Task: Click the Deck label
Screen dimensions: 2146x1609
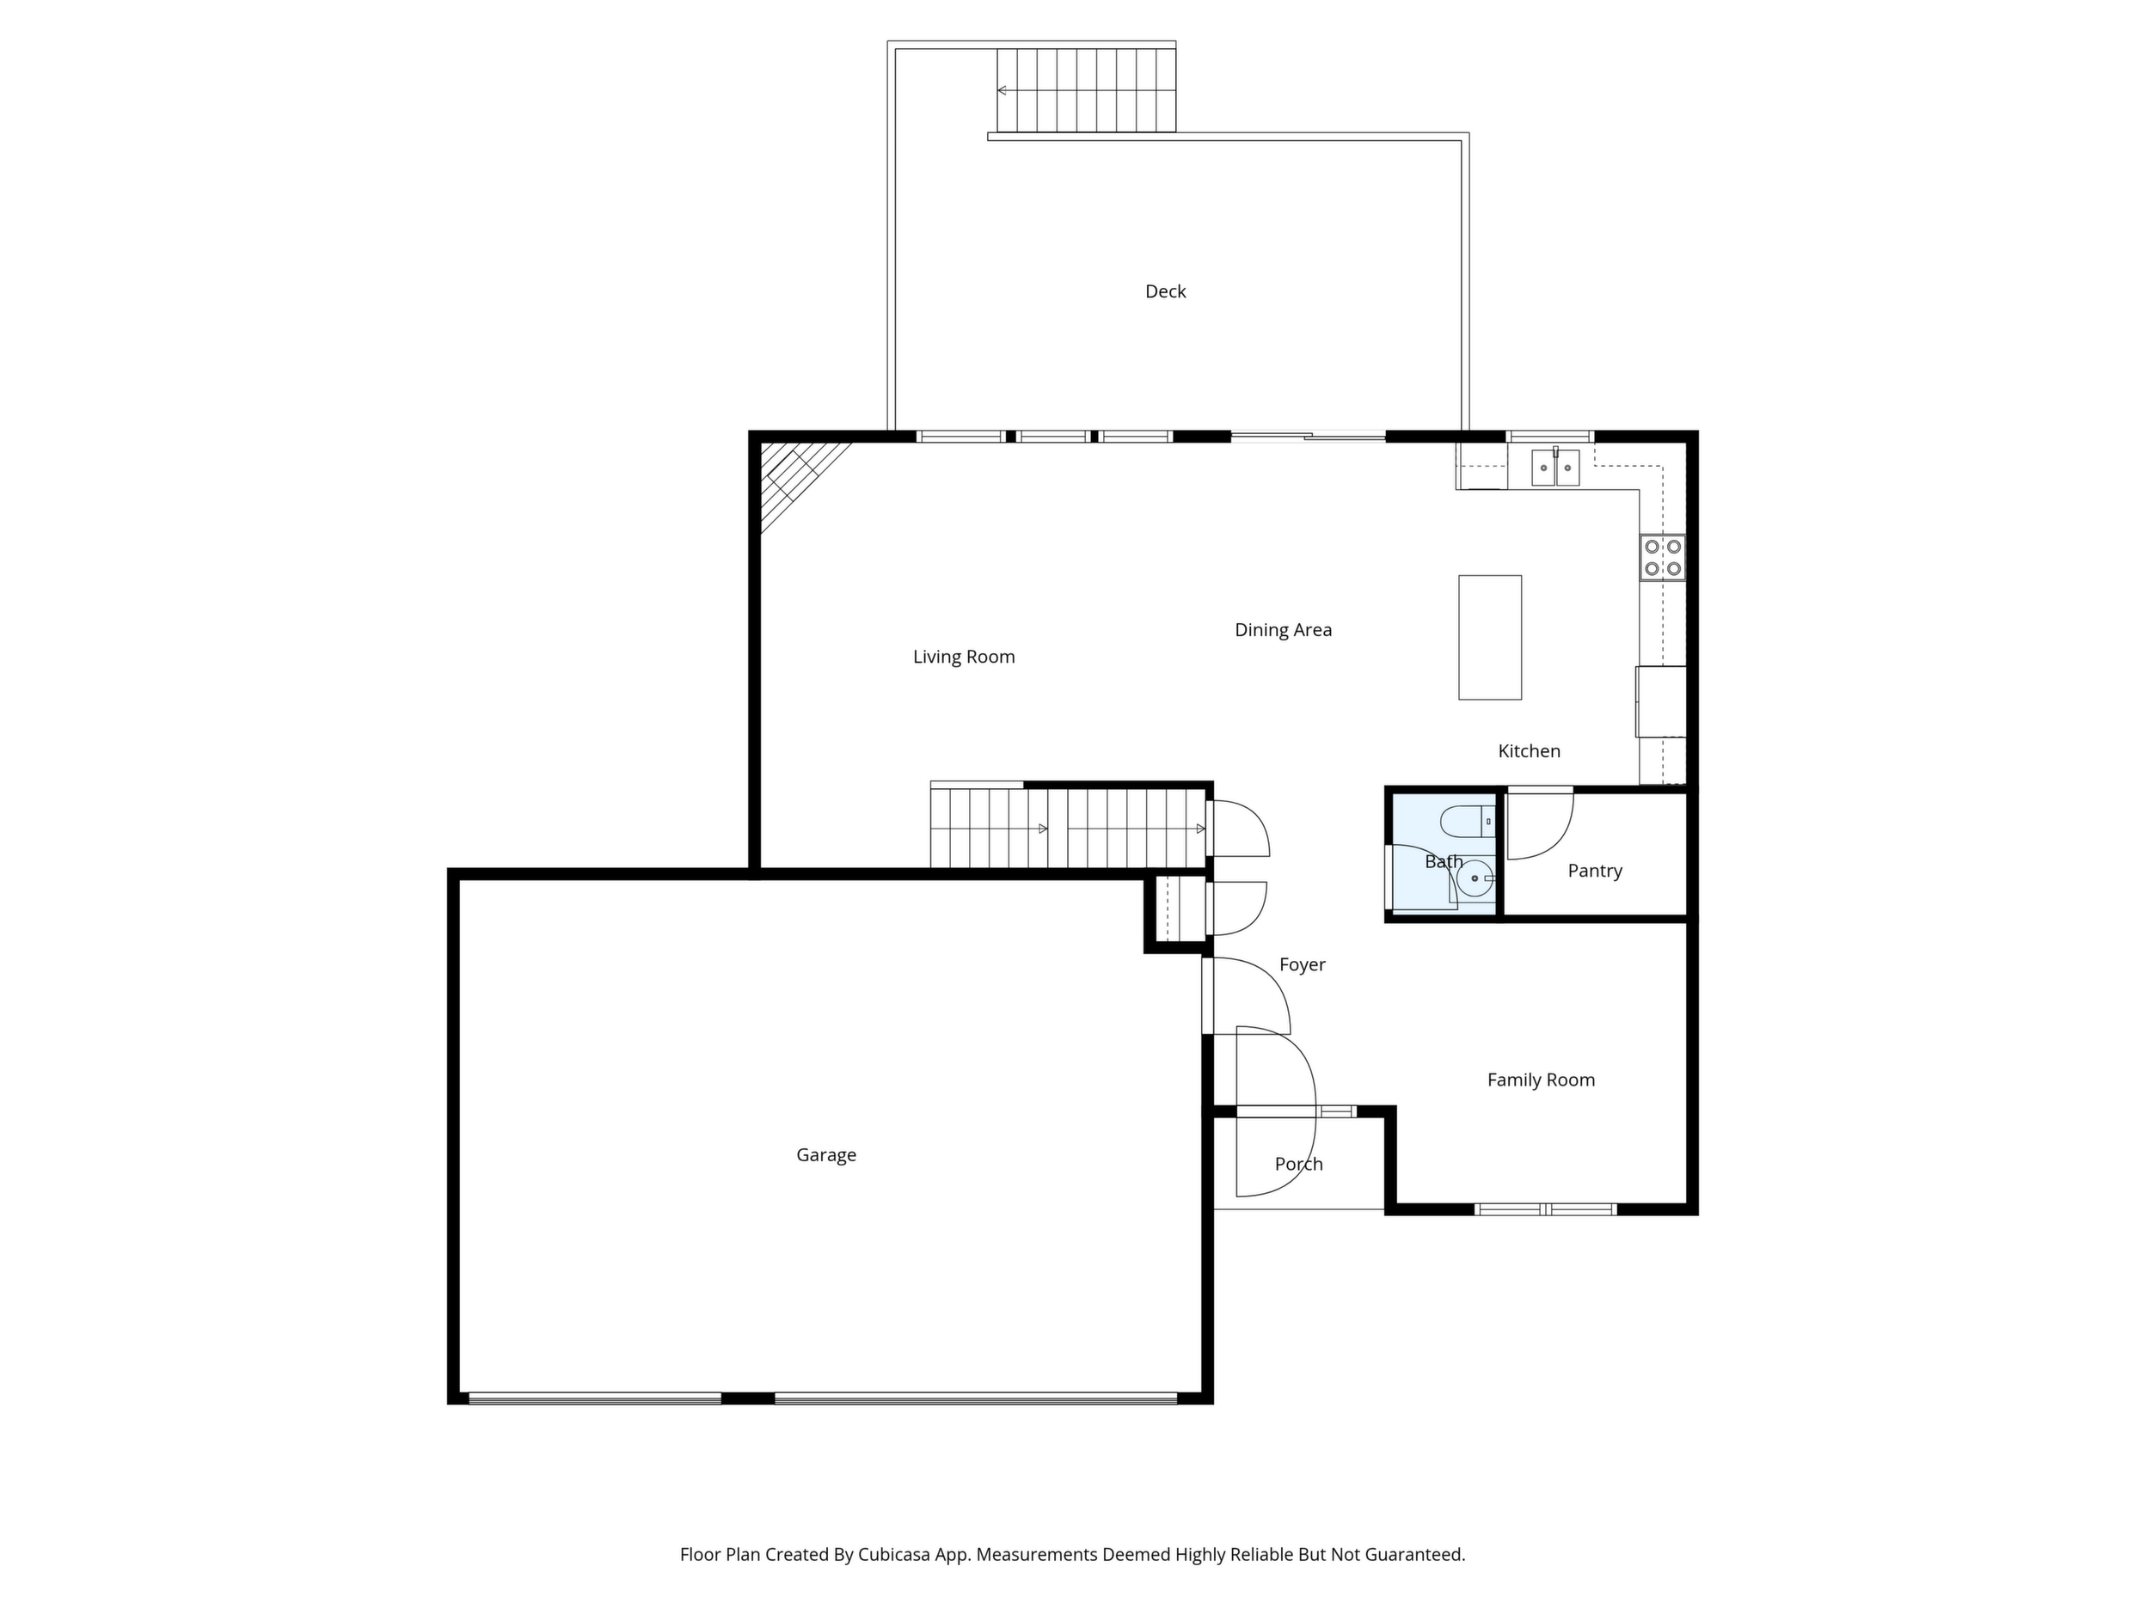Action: [x=1165, y=291]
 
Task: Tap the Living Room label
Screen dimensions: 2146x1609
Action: [x=963, y=657]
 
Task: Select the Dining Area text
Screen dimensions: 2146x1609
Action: [x=1283, y=629]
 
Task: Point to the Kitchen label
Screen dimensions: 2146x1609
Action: [x=1529, y=750]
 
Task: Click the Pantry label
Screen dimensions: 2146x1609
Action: [x=1595, y=871]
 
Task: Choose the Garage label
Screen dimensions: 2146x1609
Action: [x=825, y=1155]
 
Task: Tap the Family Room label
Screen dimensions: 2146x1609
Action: [x=1541, y=1080]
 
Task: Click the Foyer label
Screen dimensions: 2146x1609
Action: [x=1302, y=964]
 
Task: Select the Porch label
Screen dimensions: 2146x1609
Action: [x=1298, y=1164]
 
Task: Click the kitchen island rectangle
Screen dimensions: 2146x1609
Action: [x=1490, y=637]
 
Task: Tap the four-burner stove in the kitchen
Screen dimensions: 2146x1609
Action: [x=1663, y=558]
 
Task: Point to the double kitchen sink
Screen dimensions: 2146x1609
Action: [x=1555, y=468]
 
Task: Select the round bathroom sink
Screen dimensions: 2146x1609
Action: [x=1475, y=878]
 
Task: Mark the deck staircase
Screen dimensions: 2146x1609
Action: [x=1087, y=90]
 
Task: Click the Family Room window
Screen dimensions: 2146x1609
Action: [x=1546, y=1209]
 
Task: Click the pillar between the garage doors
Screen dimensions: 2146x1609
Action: [x=748, y=1398]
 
